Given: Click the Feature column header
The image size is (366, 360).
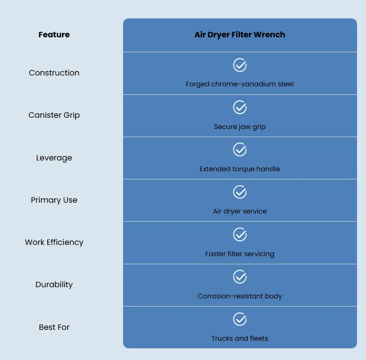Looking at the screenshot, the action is point(54,35).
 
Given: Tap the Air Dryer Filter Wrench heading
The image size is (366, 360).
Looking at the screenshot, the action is point(240,35).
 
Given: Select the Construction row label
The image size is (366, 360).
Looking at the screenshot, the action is point(54,73).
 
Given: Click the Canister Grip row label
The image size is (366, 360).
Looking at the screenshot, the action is point(54,115).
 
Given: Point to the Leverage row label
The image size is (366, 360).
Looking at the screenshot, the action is point(54,158).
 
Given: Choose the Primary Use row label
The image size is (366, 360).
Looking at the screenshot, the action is point(54,200).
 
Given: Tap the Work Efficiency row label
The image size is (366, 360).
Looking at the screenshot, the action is point(54,243).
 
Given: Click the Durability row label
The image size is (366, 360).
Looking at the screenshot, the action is point(54,284).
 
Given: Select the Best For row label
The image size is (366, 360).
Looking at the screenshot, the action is point(54,327).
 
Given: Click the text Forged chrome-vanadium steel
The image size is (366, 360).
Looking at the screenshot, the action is point(240,84).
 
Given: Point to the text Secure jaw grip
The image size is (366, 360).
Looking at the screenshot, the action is point(240,127).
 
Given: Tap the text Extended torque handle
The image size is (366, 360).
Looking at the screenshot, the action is point(240,169).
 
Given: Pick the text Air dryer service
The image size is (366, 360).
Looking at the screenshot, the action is point(240,211).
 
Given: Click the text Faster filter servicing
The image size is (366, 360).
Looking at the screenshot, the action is point(240,253).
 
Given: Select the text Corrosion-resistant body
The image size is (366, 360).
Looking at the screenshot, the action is point(240,296).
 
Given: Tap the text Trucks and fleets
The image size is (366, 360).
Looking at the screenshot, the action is point(240,338).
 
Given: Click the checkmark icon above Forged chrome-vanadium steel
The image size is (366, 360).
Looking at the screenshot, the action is point(240,65).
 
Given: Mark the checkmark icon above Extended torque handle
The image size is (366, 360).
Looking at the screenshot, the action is point(240,150).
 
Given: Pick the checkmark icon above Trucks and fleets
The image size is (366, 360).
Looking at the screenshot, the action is point(240,319).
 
